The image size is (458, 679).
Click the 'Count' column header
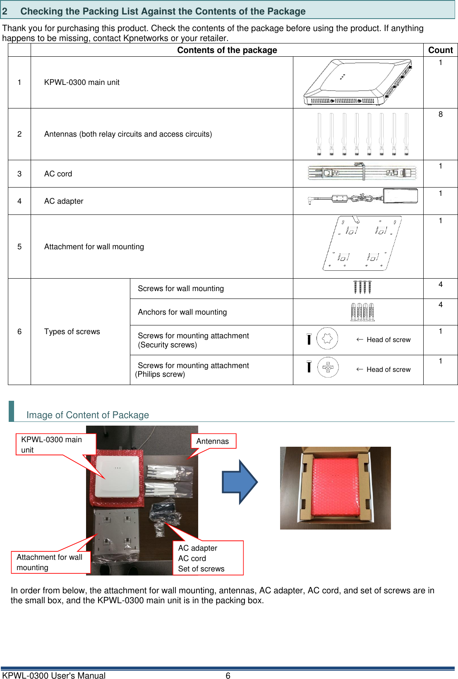pos(440,50)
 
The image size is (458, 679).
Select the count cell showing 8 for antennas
pos(440,115)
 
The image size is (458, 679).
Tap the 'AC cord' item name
pos(58,174)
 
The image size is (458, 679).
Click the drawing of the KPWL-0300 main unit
pos(358,82)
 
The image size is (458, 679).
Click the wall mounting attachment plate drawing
pos(362,243)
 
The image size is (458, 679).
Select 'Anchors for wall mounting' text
pos(182,312)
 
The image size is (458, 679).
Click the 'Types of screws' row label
pos(72,332)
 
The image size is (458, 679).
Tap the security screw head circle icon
pos(327,339)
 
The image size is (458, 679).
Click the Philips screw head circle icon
pos(328,367)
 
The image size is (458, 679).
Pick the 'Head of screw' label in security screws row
pos(388,340)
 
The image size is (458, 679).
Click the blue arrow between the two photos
pos(240,482)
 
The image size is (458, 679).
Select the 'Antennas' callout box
pos(213,441)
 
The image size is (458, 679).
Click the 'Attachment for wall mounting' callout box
pos(50,562)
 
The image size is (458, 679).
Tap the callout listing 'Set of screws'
pos(208,558)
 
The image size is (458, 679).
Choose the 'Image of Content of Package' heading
pos(88,415)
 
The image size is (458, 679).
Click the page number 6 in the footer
pos(228,676)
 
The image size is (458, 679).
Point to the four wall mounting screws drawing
pos(362,287)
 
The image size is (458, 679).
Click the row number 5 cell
pos(19,247)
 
